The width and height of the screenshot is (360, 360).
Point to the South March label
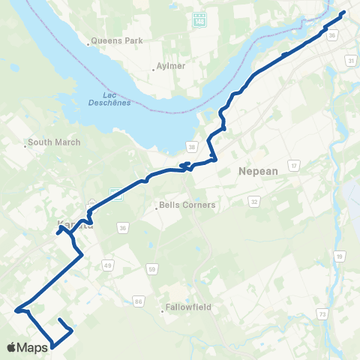click(x=50, y=142)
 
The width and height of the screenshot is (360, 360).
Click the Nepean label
click(x=258, y=171)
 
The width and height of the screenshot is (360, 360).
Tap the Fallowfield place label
click(x=187, y=307)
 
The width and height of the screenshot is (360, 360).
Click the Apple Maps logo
click(x=27, y=347)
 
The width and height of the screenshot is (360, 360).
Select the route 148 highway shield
click(x=199, y=20)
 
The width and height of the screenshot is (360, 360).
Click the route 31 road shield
click(x=350, y=60)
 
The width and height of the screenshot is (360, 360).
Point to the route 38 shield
click(x=192, y=145)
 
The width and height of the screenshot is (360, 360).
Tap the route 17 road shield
click(x=295, y=165)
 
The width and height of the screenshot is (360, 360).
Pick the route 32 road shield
click(x=254, y=202)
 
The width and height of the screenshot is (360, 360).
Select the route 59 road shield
click(x=152, y=268)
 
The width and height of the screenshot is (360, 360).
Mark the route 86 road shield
click(x=139, y=301)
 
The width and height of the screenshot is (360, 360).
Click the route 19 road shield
click(x=340, y=256)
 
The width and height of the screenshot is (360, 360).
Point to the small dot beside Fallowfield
click(x=163, y=307)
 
